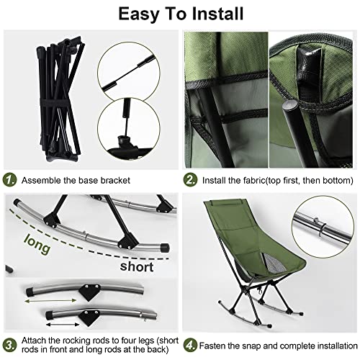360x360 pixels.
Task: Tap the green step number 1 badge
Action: tap(9, 179)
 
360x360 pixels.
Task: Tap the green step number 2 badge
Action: tap(190, 179)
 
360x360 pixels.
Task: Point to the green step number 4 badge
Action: tap(190, 344)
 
